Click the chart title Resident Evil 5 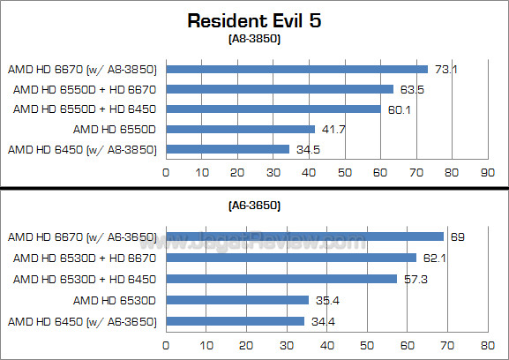253,21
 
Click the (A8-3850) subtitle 253,40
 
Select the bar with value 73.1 296,69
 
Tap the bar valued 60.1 273,109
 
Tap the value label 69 457,236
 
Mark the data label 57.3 413,279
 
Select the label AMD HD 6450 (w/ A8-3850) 82,149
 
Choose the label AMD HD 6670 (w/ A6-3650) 82,236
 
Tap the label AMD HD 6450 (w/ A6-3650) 82,320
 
